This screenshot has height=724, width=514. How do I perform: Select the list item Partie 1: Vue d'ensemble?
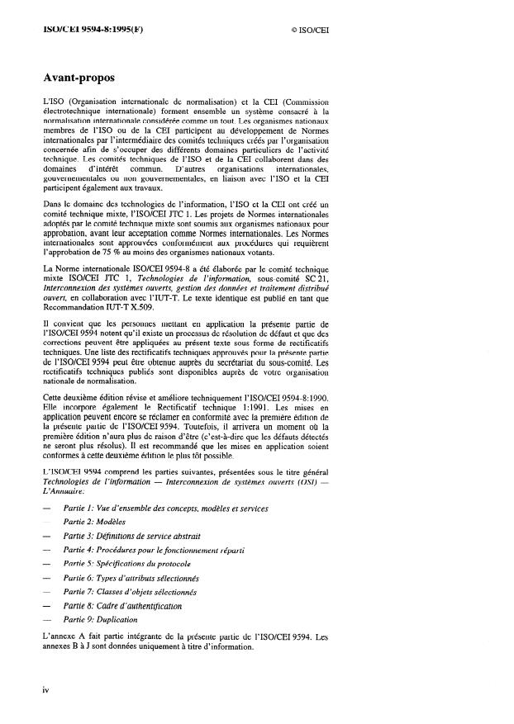click(165, 509)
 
